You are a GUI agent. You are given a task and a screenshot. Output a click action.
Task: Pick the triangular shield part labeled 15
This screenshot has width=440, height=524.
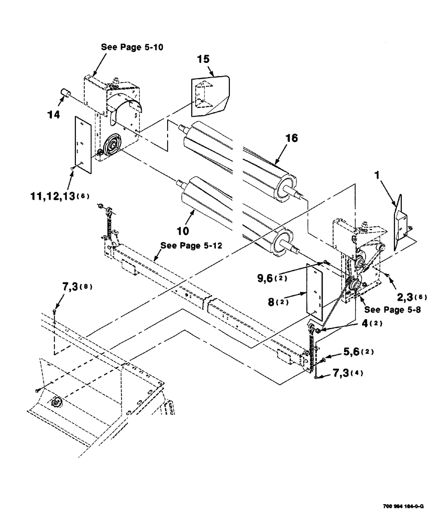209,95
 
